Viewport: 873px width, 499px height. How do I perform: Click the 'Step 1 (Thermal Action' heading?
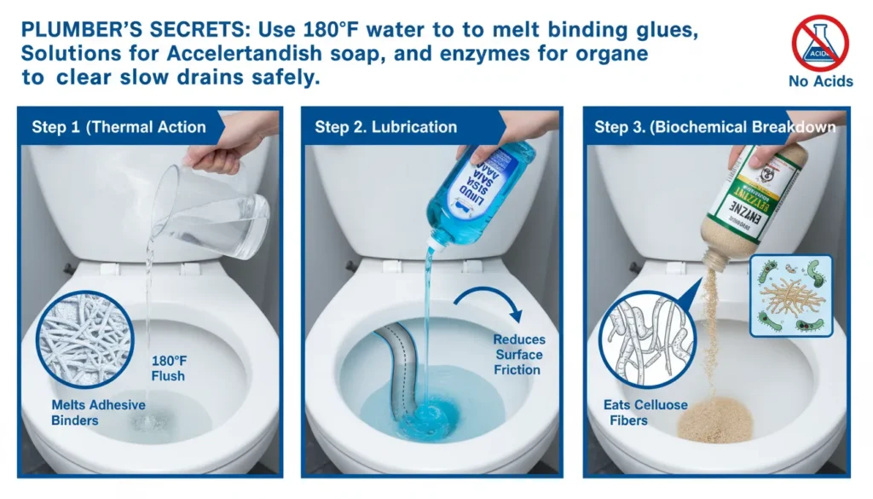pos(119,127)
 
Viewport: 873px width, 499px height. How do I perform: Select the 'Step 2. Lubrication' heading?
pos(385,127)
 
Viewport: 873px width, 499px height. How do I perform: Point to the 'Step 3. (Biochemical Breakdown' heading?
pos(714,127)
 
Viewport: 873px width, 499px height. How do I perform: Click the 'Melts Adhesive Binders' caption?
pos(98,412)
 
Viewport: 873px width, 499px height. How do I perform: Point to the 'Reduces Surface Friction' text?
pos(517,355)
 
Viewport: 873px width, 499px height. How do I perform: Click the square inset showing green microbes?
pos(791,295)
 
